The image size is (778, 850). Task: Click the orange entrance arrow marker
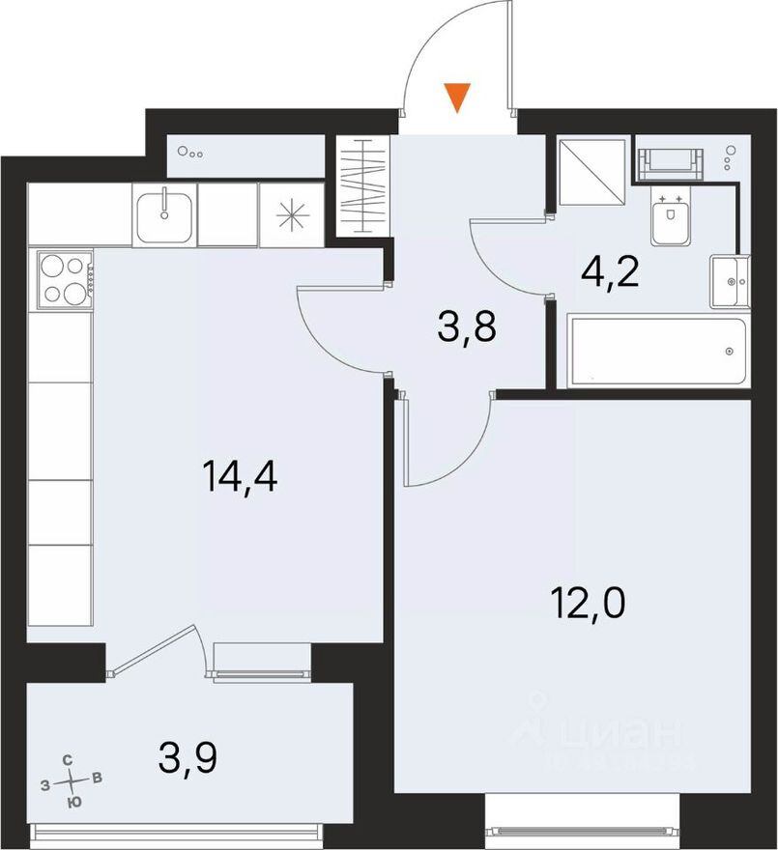click(456, 97)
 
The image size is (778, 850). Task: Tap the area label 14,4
click(241, 476)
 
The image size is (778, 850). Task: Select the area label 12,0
click(590, 607)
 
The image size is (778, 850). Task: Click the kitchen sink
click(163, 214)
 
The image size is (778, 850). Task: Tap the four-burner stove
click(62, 278)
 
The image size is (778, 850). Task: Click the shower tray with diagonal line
click(592, 171)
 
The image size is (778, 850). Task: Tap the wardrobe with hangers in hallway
click(363, 186)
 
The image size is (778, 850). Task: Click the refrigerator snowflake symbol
click(289, 214)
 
